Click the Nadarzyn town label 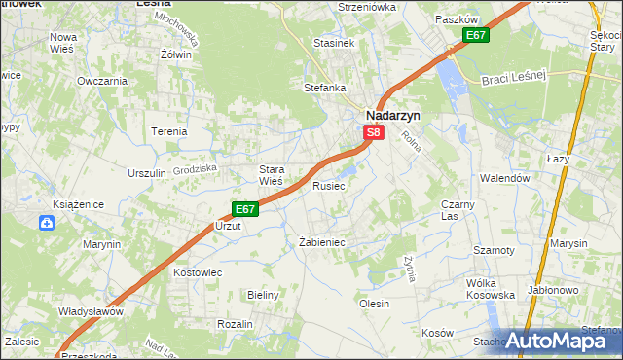click(393, 114)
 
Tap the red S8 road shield click(373, 131)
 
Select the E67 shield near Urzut click(244, 209)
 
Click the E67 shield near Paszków click(475, 36)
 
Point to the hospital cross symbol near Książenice click(47, 224)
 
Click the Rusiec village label click(328, 185)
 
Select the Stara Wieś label click(271, 174)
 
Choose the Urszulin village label click(147, 173)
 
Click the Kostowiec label click(199, 272)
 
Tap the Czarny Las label click(457, 210)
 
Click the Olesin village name click(375, 304)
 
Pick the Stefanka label click(325, 88)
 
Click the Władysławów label click(90, 312)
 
